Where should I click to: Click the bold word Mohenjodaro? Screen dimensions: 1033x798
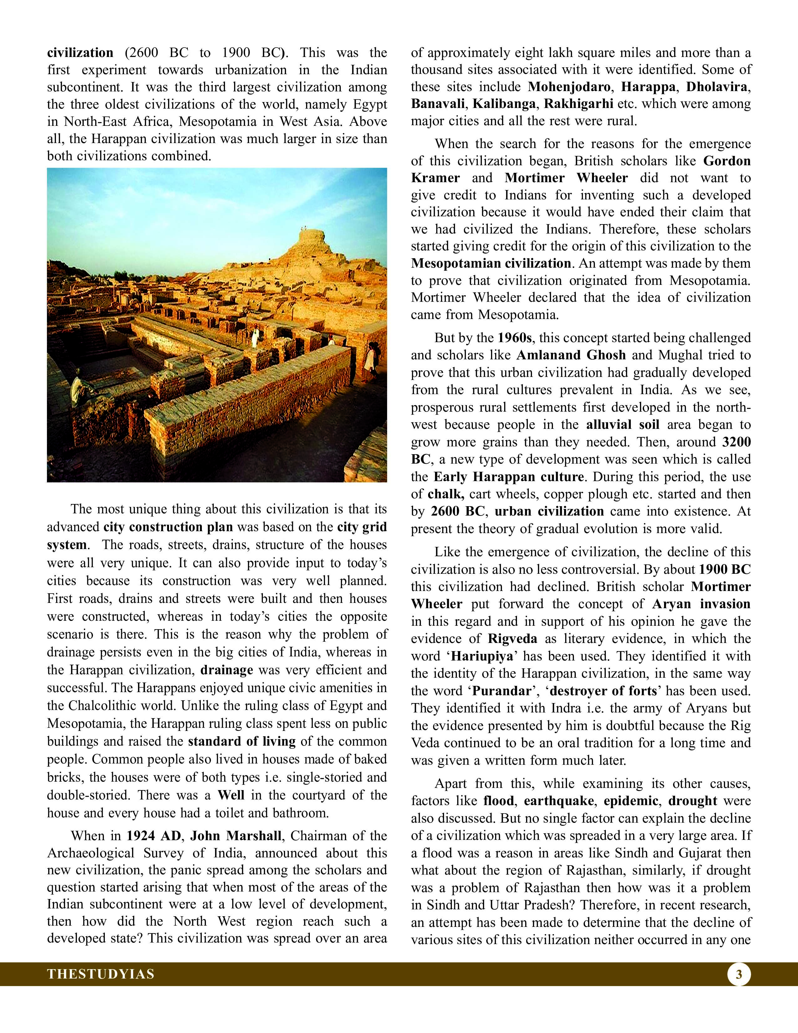(x=568, y=87)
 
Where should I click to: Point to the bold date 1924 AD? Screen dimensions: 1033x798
(x=154, y=836)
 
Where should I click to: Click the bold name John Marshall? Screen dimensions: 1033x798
(x=235, y=836)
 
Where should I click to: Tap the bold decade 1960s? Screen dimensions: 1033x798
(x=514, y=338)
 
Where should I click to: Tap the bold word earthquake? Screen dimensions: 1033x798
(x=558, y=801)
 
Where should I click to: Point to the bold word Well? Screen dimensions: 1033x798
(x=231, y=795)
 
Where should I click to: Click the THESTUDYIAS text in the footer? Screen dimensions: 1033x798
(x=101, y=974)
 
